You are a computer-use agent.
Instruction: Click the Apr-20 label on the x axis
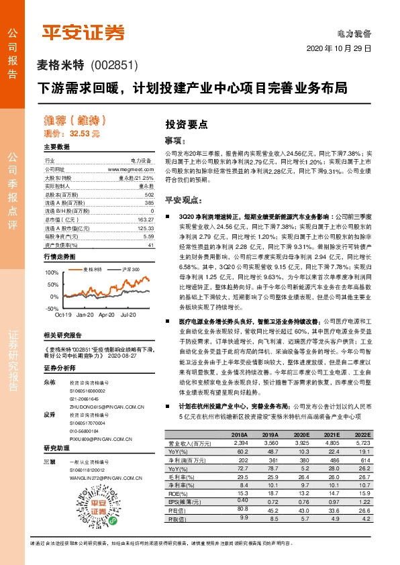(107, 314)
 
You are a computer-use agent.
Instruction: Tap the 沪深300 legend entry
(130, 269)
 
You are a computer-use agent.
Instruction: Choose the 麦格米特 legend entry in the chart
(93, 269)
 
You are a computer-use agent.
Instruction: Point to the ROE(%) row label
(179, 494)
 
